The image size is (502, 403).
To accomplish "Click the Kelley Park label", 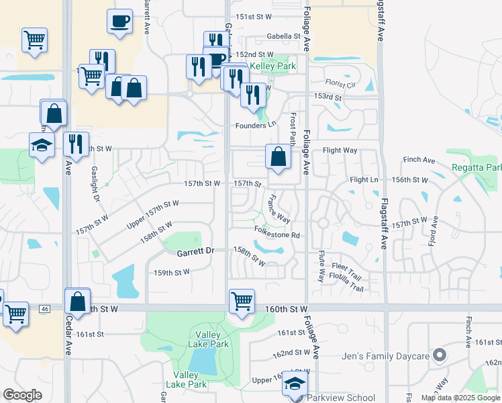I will (274, 67).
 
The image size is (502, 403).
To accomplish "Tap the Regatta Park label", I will (476, 167).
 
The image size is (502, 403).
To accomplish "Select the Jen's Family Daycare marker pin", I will (440, 354).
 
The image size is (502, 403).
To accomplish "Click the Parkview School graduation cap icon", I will (294, 384).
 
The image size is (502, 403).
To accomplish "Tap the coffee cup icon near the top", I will (119, 21).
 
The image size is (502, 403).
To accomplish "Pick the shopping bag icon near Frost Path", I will (278, 158).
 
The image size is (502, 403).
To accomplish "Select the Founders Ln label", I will (255, 126).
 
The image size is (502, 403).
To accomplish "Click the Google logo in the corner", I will (23, 395).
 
